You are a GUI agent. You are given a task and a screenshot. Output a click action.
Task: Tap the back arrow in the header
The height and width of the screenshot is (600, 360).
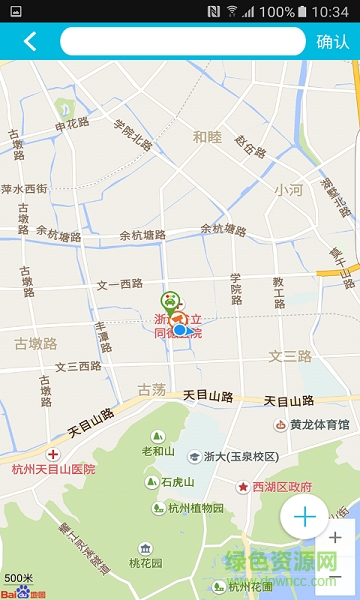[30, 41]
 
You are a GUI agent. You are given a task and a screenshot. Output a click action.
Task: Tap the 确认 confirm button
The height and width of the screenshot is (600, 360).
[332, 42]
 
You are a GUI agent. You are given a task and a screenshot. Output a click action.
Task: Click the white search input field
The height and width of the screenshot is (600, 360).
[182, 41]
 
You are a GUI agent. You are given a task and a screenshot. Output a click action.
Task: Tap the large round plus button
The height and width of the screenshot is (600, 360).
[304, 517]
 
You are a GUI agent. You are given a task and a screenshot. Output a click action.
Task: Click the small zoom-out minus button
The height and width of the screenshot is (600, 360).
[335, 577]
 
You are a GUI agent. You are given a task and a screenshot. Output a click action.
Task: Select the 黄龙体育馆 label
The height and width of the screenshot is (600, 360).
[319, 424]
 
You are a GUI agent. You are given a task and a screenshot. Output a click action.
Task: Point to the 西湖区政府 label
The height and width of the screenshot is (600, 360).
[275, 487]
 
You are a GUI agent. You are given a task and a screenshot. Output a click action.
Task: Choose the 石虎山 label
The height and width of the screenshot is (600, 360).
[177, 482]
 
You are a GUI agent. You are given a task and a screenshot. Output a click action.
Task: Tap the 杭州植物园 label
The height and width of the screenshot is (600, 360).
[196, 508]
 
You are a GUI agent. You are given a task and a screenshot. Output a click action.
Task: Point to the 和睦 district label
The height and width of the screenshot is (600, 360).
[207, 136]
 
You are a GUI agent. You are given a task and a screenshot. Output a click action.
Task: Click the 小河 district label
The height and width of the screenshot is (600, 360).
[290, 189]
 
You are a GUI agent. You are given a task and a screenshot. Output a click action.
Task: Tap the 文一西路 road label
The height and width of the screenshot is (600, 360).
[121, 285]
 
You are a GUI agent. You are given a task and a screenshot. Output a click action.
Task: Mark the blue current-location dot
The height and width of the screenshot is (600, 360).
[180, 329]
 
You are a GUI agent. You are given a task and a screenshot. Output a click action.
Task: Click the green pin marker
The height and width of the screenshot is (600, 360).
[171, 301]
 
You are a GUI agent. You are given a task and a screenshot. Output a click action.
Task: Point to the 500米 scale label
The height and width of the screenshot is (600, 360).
[18, 579]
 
